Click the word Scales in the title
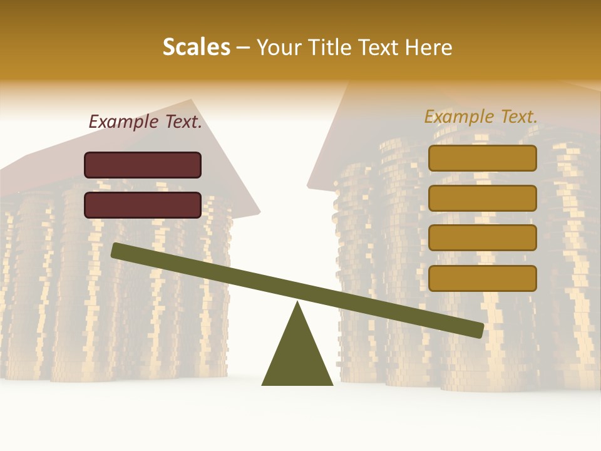pos(196,47)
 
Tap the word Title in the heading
pos(332,48)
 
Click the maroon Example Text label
pos(145,122)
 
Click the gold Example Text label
pos(481,117)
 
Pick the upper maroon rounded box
pos(143,165)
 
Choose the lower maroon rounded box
pos(143,205)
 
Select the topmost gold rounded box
pos(482,158)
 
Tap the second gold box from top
pos(482,198)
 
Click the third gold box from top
pos(482,238)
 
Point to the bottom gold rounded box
pos(482,278)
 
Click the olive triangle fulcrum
pos(297,357)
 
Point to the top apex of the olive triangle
pos(297,304)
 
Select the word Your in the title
pos(279,48)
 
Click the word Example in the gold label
pos(459,117)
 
